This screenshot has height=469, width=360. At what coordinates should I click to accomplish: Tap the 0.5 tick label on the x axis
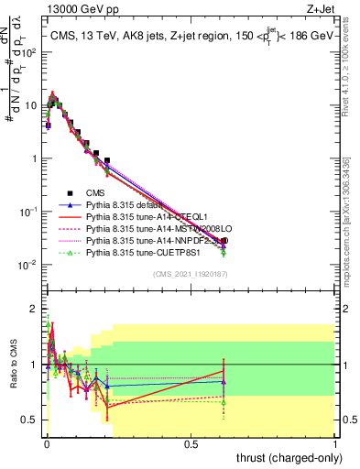191,444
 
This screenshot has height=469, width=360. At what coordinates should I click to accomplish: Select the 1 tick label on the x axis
336,444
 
